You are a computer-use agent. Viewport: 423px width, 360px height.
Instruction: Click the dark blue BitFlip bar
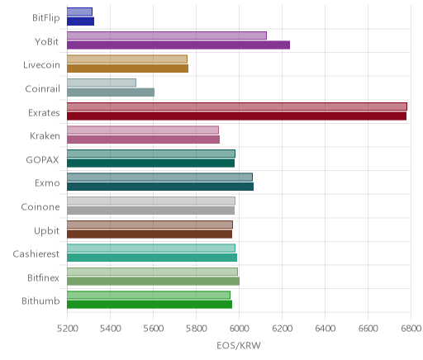point(80,21)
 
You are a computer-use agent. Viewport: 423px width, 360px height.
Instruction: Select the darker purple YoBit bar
point(178,45)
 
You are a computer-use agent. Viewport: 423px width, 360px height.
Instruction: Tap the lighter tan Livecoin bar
point(127,59)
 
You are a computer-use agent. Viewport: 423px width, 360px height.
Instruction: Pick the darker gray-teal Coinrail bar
point(111,92)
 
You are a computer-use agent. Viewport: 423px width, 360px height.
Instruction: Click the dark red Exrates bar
point(236,116)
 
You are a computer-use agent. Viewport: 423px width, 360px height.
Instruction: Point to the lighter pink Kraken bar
point(143,130)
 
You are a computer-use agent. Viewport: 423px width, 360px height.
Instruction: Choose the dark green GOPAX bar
point(150,163)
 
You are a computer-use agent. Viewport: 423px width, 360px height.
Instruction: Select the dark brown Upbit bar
point(150,234)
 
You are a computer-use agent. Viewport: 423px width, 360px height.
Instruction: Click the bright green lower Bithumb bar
point(150,305)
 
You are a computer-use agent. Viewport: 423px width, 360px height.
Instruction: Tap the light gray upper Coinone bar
point(151,201)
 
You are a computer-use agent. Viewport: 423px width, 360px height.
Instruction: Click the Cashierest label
point(36,253)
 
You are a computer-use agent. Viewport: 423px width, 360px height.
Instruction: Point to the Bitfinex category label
point(43,277)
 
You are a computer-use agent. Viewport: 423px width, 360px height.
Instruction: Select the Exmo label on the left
point(47,183)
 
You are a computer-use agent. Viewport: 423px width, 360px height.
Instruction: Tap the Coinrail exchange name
point(42,88)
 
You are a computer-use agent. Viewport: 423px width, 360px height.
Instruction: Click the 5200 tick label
point(68,329)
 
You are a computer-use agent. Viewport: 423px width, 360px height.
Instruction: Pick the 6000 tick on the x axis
point(239,329)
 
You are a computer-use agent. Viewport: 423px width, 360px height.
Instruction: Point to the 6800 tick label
point(411,329)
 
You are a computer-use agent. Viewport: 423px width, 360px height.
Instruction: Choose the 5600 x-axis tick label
point(154,329)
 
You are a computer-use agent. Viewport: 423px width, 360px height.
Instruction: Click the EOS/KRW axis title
point(239,345)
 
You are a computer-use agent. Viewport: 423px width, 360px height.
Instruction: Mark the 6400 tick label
point(325,329)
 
